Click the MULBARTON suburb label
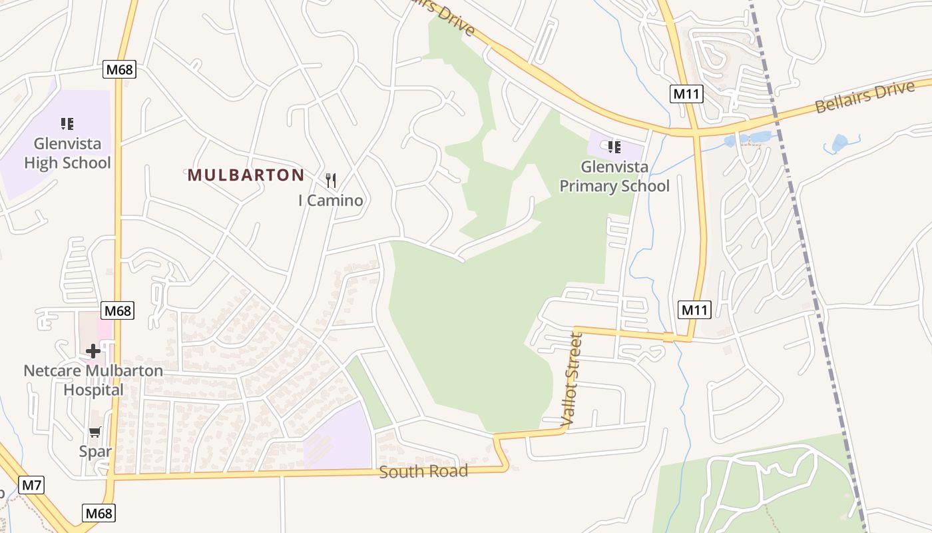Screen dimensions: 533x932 point(246,175)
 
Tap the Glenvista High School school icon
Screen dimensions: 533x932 point(67,123)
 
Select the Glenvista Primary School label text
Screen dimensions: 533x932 point(614,177)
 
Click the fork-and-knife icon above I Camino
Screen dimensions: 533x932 point(331,180)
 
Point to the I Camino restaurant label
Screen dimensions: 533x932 point(331,201)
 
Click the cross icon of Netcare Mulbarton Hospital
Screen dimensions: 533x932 point(93,350)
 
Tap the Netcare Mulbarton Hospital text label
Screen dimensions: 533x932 point(93,380)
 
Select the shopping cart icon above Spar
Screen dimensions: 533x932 point(95,432)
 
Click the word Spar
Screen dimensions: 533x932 point(95,451)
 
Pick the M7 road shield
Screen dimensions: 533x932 point(31,485)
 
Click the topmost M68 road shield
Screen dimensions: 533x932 point(120,70)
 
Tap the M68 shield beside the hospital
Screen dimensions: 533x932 point(118,310)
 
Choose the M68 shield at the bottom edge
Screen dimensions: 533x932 point(99,513)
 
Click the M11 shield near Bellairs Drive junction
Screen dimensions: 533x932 point(686,94)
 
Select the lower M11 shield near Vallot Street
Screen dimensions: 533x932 point(695,309)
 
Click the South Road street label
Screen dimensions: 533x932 point(423,472)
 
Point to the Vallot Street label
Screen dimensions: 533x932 point(572,380)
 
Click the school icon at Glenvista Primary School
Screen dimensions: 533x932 point(614,147)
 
